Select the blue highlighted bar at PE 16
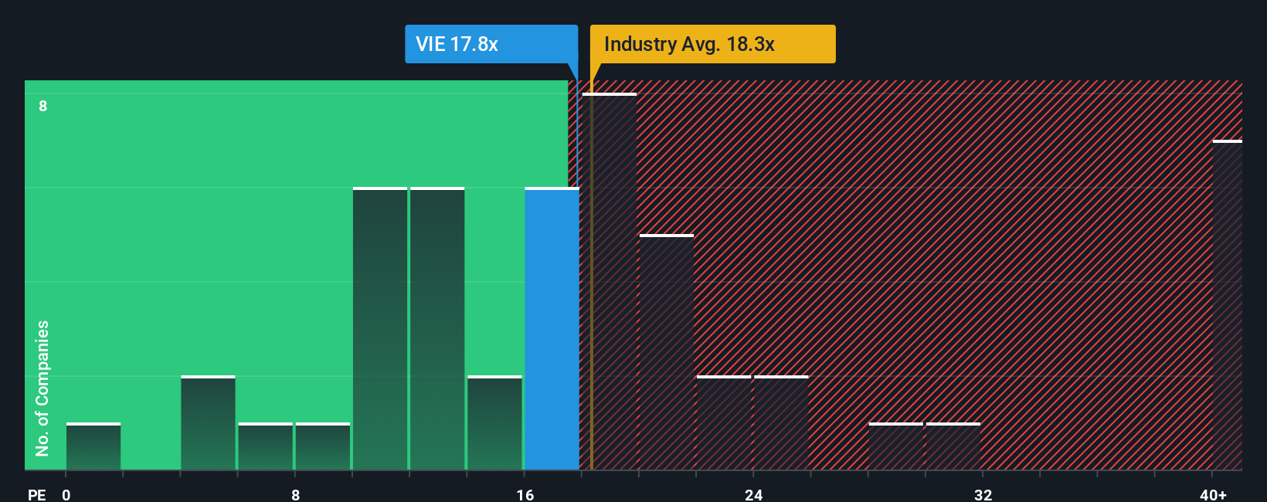(x=552, y=328)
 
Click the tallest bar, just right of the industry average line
(x=610, y=282)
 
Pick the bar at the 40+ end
(x=1227, y=305)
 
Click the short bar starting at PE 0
(x=93, y=446)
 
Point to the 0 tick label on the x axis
(x=66, y=494)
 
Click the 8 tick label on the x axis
(x=295, y=494)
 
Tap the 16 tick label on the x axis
(x=525, y=494)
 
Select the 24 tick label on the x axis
(x=753, y=494)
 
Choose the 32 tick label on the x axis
(x=983, y=494)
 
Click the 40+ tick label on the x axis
(x=1213, y=494)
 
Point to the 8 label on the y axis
(x=43, y=106)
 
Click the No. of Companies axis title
(x=42, y=388)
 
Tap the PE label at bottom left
(x=36, y=494)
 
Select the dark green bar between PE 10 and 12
(x=380, y=328)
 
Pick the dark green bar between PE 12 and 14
(x=437, y=328)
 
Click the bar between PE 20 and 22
(x=667, y=352)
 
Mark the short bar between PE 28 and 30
(x=896, y=446)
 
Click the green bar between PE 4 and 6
(x=208, y=422)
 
